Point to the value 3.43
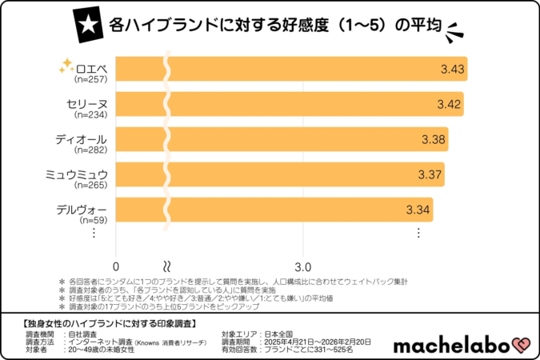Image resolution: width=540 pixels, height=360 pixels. (453, 70)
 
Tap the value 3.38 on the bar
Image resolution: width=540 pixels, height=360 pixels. (434, 140)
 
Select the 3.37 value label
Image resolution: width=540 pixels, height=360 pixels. (430, 175)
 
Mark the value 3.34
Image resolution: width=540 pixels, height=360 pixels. (419, 210)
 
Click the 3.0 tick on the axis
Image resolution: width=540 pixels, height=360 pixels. (303, 266)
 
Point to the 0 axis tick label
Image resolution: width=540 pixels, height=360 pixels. (117, 266)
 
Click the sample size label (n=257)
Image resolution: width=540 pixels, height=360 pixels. (90, 80)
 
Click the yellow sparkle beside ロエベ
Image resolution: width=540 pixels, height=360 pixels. (67, 70)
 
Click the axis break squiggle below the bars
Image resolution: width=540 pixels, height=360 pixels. (168, 265)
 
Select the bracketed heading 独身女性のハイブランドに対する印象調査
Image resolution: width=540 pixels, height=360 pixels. (105, 323)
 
